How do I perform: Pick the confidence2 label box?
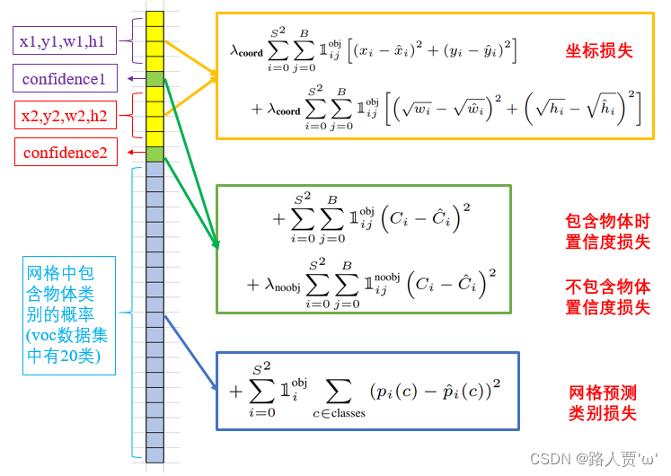click(x=66, y=153)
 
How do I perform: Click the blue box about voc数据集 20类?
click(x=68, y=315)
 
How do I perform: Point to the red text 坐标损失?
click(x=599, y=50)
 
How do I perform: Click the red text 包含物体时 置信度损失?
click(x=607, y=230)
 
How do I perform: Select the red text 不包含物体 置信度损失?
click(x=607, y=297)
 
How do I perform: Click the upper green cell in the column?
click(x=155, y=79)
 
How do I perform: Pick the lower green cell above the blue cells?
click(x=155, y=154)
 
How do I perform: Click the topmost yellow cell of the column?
click(x=155, y=19)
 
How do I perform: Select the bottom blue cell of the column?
click(x=155, y=454)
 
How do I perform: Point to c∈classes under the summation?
click(x=337, y=412)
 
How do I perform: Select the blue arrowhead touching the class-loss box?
click(x=214, y=387)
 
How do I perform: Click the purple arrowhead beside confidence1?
click(x=131, y=79)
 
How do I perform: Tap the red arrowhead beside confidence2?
click(x=131, y=153)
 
